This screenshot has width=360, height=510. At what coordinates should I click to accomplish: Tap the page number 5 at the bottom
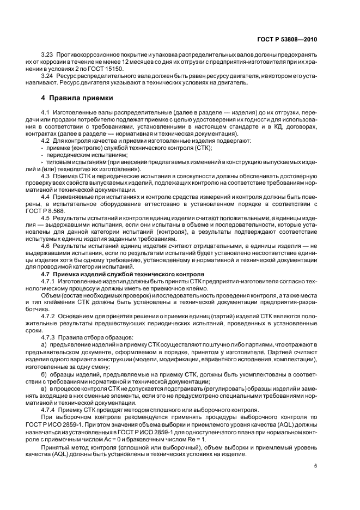pyautogui.click(x=316, y=465)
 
